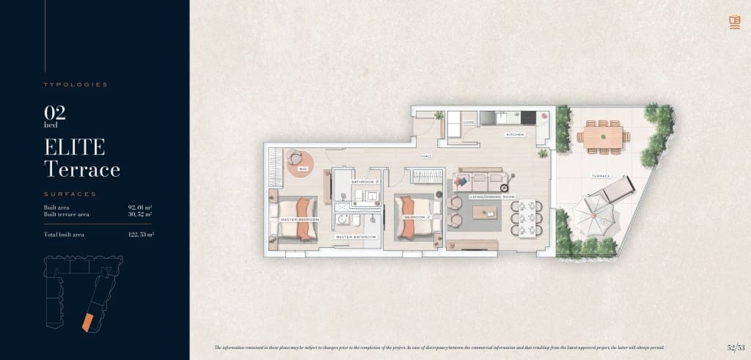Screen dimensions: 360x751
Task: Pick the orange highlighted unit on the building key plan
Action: pyautogui.click(x=87, y=321)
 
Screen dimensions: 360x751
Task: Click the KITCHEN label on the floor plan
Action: pyautogui.click(x=515, y=136)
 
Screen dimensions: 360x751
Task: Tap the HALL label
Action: pyautogui.click(x=427, y=157)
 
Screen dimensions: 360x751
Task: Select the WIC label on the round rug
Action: pyautogui.click(x=302, y=169)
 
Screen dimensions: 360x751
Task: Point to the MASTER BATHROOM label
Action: pyautogui.click(x=356, y=237)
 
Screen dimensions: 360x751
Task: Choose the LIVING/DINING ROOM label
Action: pyautogui.click(x=492, y=196)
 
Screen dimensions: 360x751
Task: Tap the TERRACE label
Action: pyautogui.click(x=601, y=177)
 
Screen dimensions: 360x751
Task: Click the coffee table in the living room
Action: pyautogui.click(x=485, y=213)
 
